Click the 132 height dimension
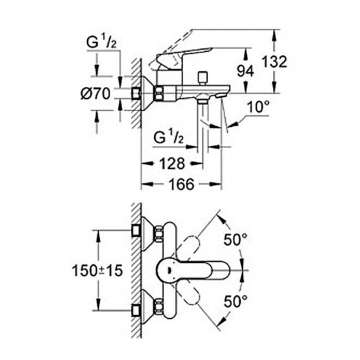tap(275, 62)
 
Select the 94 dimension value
tap(245, 71)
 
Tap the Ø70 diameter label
tap(96, 94)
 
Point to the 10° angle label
tap(258, 107)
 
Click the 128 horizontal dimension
tap(172, 164)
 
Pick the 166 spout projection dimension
tap(181, 184)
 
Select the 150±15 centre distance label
tap(98, 270)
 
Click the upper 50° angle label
tap(236, 240)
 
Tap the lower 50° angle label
tap(236, 301)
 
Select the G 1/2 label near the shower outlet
tap(168, 137)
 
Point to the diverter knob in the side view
tap(202, 79)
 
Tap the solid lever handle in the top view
tap(193, 270)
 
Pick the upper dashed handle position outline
tap(188, 247)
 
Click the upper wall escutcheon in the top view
tap(149, 234)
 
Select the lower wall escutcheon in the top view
tap(149, 306)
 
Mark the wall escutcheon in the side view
tap(149, 94)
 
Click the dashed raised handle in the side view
tap(171, 48)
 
